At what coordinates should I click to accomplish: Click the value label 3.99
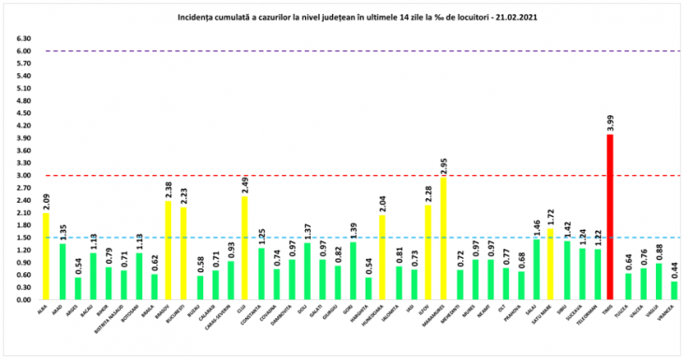click(611, 122)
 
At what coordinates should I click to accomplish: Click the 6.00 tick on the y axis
click(23, 51)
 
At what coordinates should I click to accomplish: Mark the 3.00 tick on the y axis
click(23, 176)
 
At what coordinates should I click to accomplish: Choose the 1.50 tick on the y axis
click(23, 238)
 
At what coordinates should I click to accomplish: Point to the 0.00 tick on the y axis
click(23, 300)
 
